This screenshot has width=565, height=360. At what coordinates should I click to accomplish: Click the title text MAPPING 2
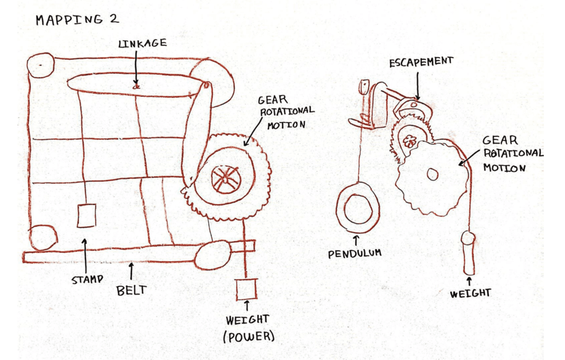(77, 20)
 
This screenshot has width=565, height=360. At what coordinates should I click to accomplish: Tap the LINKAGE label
(143, 43)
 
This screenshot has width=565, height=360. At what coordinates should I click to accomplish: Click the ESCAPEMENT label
(421, 62)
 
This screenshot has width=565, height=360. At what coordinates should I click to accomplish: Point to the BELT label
(131, 291)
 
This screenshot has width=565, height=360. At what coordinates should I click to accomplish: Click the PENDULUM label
(354, 254)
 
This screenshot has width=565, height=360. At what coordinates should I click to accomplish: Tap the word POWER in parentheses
(249, 337)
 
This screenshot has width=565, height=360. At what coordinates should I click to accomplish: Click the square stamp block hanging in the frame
(86, 216)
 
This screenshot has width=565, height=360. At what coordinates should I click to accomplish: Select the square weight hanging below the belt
(246, 289)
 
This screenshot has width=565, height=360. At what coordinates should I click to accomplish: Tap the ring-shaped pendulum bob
(358, 208)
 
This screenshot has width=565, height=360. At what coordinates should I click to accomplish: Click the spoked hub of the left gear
(225, 178)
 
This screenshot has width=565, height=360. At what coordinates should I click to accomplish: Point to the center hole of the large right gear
(432, 174)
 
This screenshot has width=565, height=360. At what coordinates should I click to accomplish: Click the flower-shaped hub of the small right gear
(409, 141)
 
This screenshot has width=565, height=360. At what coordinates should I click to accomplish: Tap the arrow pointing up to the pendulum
(356, 241)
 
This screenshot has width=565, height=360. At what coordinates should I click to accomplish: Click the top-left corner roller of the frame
(40, 65)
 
